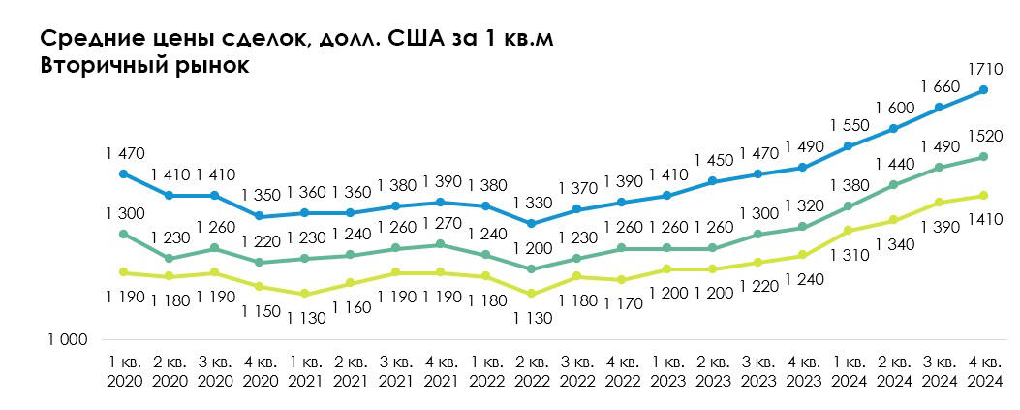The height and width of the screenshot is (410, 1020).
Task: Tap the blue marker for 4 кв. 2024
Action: coord(983,90)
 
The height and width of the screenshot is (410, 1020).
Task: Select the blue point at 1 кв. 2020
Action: coord(122,174)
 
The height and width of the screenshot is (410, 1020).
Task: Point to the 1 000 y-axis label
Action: coord(67,340)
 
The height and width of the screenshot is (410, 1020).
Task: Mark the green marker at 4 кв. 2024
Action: coord(983,156)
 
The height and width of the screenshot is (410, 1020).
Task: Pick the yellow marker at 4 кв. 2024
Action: coord(983,196)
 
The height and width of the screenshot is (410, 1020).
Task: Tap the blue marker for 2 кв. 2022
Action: coord(532,223)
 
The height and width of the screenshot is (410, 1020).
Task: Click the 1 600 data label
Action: coord(894,108)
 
